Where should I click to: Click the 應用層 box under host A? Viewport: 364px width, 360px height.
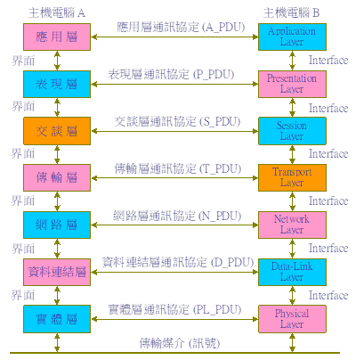point(57,37)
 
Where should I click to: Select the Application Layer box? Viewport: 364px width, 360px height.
point(292,37)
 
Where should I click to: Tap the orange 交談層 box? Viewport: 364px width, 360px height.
point(57,131)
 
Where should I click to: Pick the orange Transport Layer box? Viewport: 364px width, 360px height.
point(292,177)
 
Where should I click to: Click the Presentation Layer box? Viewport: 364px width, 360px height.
point(292,84)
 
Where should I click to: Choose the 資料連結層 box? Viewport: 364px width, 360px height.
point(57,272)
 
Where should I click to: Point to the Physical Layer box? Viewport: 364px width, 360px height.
point(292,319)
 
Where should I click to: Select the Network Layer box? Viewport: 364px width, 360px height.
point(292,225)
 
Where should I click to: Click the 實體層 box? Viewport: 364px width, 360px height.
point(57,319)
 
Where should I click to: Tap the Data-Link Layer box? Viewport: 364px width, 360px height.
point(292,272)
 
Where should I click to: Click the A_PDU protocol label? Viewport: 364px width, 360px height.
point(181,27)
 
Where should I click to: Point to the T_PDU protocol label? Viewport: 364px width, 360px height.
point(178,168)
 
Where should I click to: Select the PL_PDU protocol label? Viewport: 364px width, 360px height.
point(174,309)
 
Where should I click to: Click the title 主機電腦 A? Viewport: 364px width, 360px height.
point(57,12)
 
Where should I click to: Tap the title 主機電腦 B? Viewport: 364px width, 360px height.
point(291,12)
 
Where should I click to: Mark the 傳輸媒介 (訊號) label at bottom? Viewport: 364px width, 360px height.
point(180,343)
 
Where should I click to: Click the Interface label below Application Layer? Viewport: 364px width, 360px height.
point(328,61)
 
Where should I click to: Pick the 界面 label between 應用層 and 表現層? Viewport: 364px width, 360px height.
point(23,61)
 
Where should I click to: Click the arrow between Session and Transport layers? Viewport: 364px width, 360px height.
point(292,154)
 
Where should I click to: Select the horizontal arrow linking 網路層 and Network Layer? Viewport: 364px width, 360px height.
point(174,225)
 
